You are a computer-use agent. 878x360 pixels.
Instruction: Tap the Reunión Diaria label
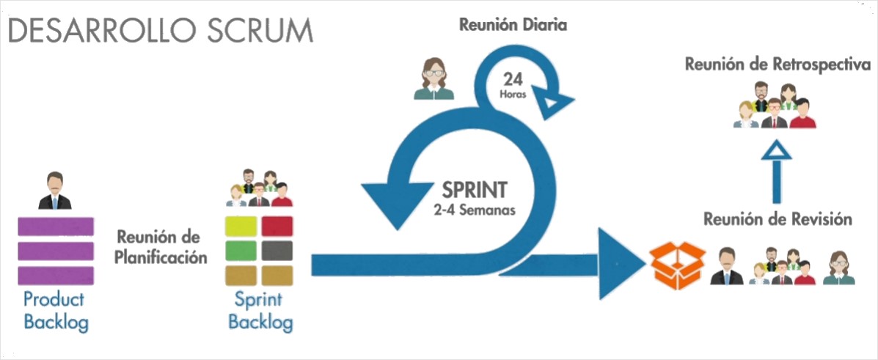(x=513, y=25)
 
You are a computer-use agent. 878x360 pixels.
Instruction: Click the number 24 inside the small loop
(x=513, y=78)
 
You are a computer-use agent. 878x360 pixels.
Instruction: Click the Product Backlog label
(x=54, y=310)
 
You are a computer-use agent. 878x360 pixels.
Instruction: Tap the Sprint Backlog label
(x=260, y=310)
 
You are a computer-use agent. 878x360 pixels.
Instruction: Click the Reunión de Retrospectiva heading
(x=778, y=65)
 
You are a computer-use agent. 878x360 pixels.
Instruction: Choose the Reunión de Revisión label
(x=778, y=219)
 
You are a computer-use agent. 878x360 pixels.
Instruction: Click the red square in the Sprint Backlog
(x=277, y=226)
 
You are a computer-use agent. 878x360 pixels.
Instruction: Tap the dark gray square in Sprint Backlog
(x=277, y=250)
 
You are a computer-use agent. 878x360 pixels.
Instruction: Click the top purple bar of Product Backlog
(x=54, y=226)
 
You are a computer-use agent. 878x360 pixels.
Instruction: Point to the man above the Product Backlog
(x=54, y=191)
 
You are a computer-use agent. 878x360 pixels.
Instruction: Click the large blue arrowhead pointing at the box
(x=620, y=263)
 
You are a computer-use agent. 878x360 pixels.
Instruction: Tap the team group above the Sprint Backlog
(x=260, y=188)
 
